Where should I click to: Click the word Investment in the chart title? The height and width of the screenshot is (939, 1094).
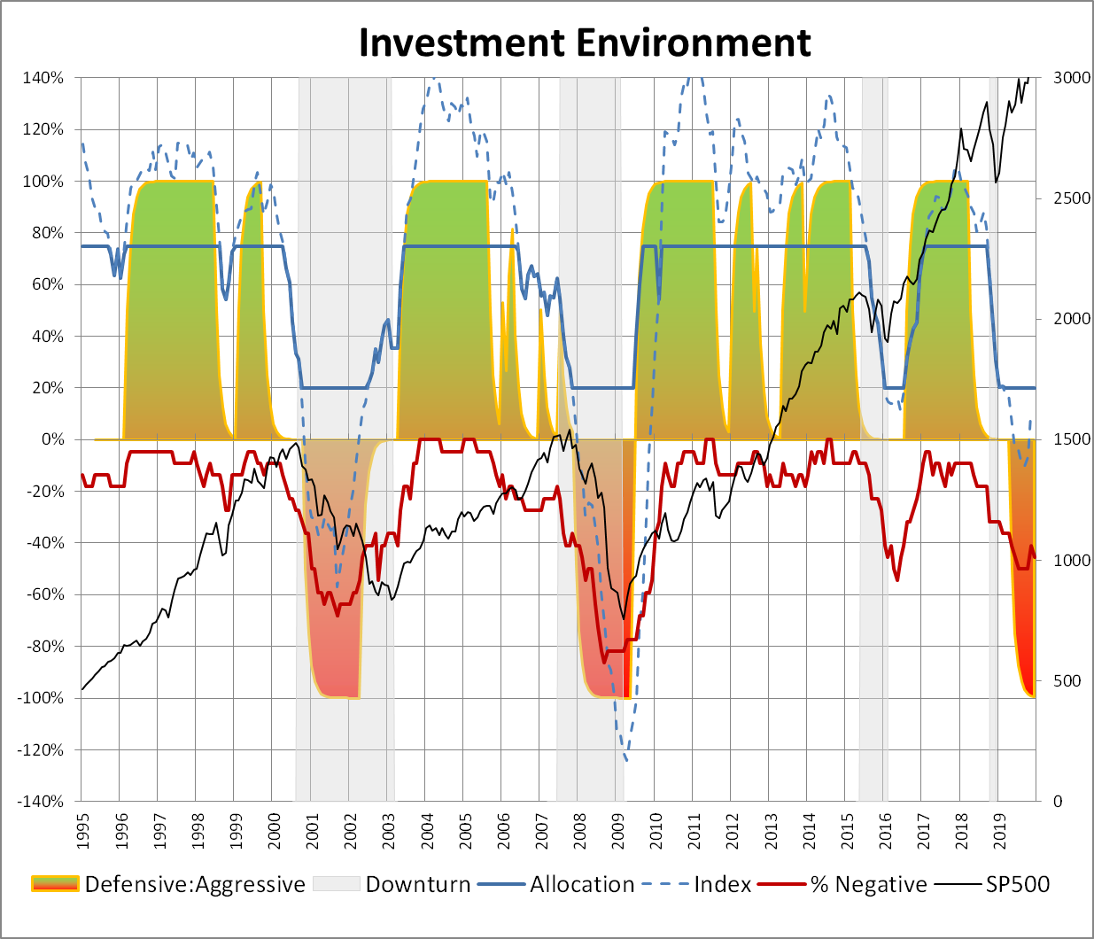tap(461, 43)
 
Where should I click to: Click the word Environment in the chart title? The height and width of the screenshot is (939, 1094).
tap(693, 43)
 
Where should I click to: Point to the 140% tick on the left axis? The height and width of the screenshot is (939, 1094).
tap(43, 78)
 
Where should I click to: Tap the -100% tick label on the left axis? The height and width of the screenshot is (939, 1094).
tap(40, 698)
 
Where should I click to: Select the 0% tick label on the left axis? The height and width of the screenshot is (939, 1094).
tap(52, 439)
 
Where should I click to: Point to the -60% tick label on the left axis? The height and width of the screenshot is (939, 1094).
tap(43, 594)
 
